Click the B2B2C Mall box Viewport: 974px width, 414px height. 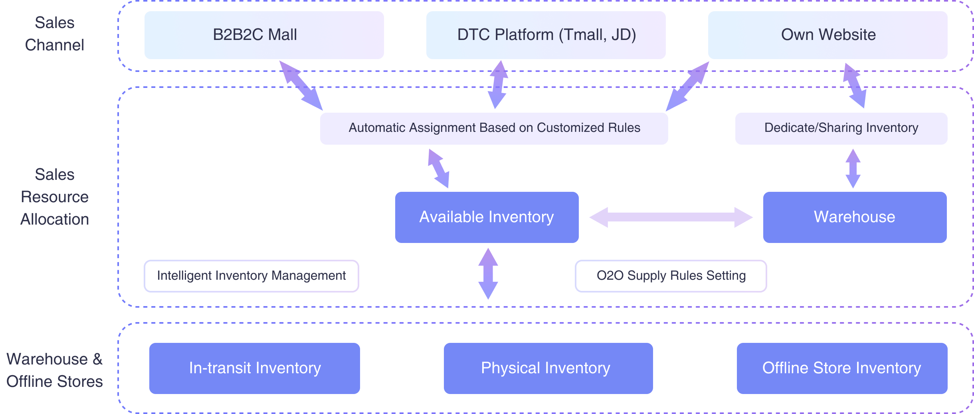[264, 35]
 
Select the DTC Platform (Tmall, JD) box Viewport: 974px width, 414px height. [546, 35]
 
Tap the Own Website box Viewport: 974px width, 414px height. [828, 35]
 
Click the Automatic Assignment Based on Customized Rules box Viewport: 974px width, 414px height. [494, 128]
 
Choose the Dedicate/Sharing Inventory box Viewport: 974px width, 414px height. [841, 128]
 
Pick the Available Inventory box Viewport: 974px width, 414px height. [487, 217]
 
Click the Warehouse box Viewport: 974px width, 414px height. [855, 217]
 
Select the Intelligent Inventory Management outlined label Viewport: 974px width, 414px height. [251, 276]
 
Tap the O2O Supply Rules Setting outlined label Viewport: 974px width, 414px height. [671, 276]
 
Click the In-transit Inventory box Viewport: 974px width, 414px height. [254, 368]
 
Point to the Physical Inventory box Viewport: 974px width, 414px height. [548, 368]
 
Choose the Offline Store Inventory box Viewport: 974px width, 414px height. [842, 368]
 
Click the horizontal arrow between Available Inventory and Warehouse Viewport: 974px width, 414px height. [671, 217]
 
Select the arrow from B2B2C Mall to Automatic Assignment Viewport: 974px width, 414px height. [301, 85]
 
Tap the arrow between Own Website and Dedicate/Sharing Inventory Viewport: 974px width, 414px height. [854, 85]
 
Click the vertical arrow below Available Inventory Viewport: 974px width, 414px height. [488, 274]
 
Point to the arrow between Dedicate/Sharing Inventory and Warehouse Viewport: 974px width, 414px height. [853, 168]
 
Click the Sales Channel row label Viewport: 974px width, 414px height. [55, 34]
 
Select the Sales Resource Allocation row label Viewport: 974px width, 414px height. [55, 197]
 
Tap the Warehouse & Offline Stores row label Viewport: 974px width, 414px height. [55, 370]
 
